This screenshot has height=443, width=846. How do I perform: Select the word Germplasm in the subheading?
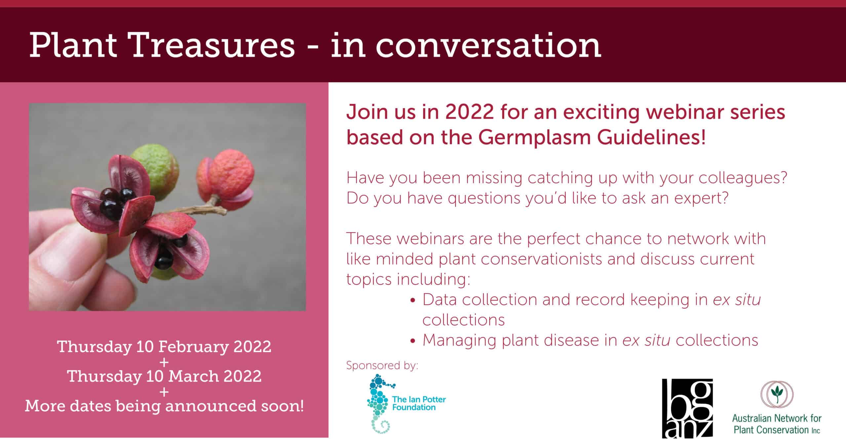point(534,138)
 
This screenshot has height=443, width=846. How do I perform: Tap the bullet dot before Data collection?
point(412,301)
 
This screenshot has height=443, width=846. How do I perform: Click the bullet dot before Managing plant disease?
point(412,342)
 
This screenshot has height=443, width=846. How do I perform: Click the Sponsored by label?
point(382,365)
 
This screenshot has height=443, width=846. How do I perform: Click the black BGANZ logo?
point(687,408)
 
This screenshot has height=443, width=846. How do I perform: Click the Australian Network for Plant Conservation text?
point(777,424)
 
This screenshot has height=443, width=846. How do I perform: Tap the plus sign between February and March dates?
point(164,362)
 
